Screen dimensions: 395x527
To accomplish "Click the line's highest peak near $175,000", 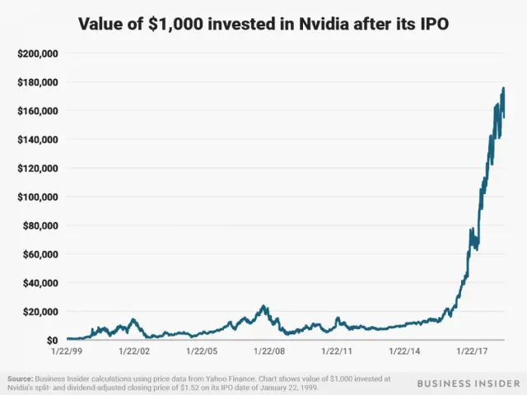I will (503, 88).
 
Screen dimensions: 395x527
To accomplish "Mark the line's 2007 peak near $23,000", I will (263, 306).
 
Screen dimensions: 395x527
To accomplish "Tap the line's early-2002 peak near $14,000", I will (132, 319).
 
